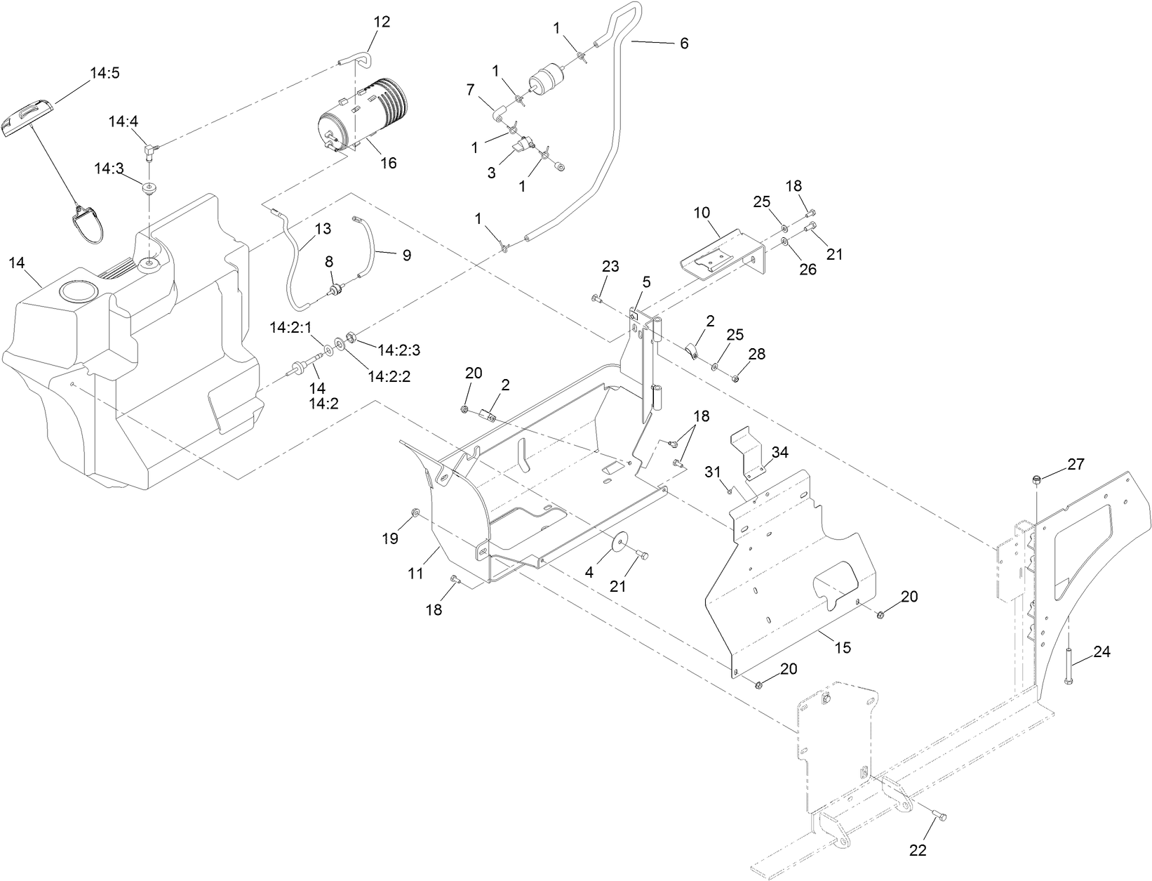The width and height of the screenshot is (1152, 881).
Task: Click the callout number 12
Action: [381, 22]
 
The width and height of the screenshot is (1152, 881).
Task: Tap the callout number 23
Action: [610, 266]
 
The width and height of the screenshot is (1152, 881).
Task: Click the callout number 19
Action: [390, 538]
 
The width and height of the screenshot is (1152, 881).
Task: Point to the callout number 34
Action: [779, 452]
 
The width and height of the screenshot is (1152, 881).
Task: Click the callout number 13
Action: [322, 228]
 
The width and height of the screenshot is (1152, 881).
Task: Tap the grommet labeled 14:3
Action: [149, 189]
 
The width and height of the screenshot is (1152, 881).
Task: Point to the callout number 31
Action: [713, 472]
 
